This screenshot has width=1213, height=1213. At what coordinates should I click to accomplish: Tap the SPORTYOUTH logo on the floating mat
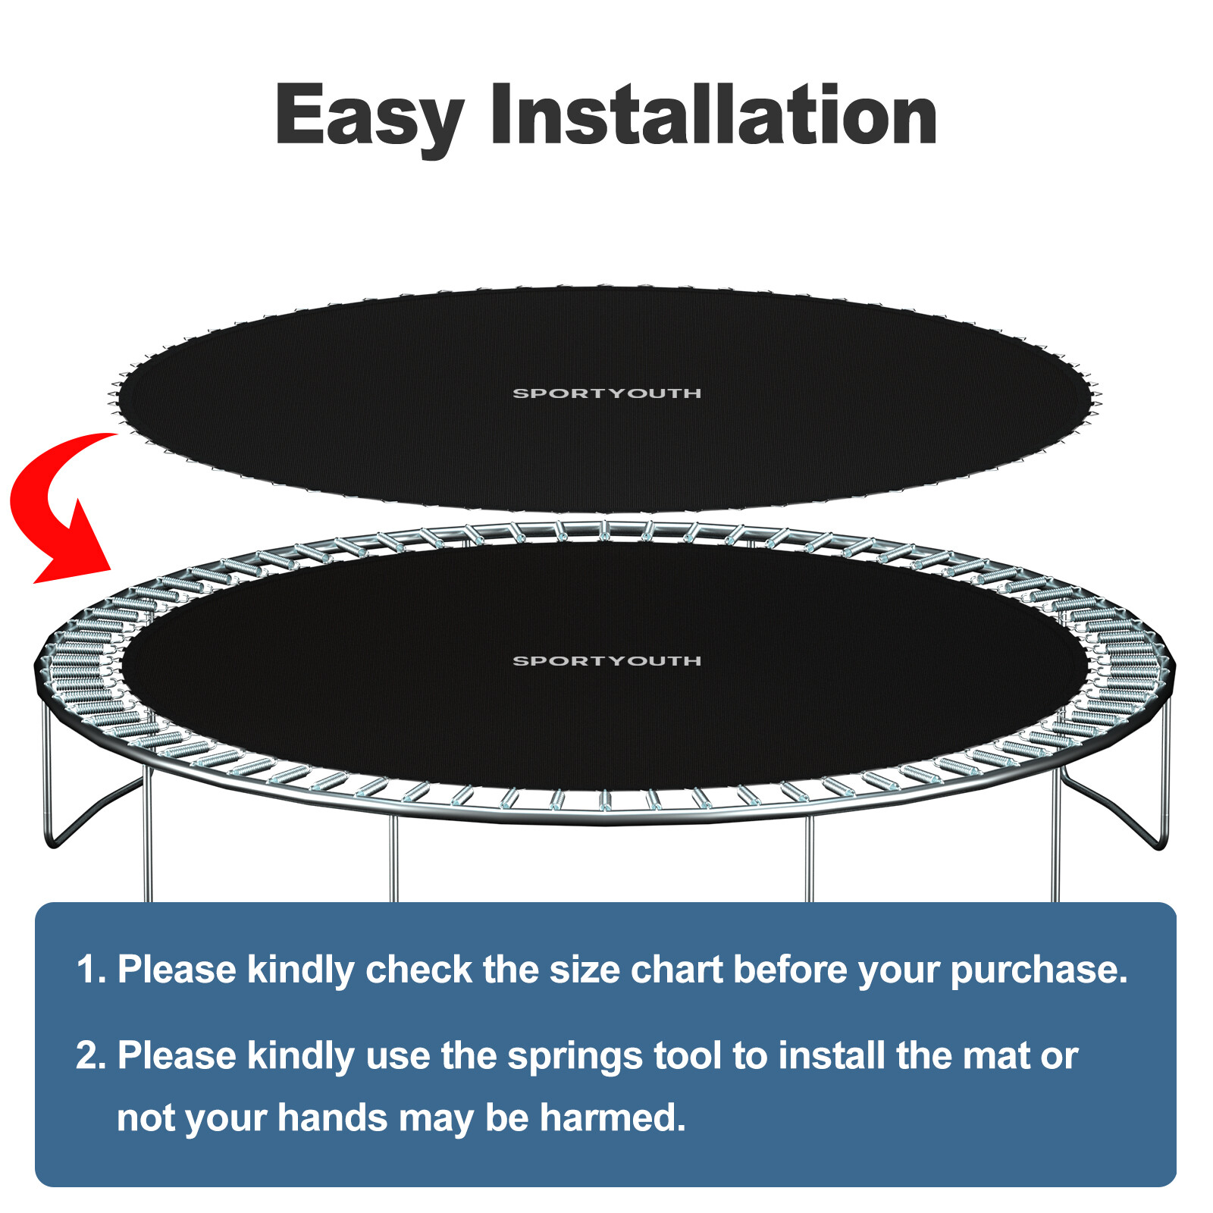[606, 393]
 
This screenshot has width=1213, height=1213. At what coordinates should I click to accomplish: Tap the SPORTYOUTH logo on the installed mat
[606, 660]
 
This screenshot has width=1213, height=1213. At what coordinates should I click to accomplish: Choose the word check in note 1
[418, 970]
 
